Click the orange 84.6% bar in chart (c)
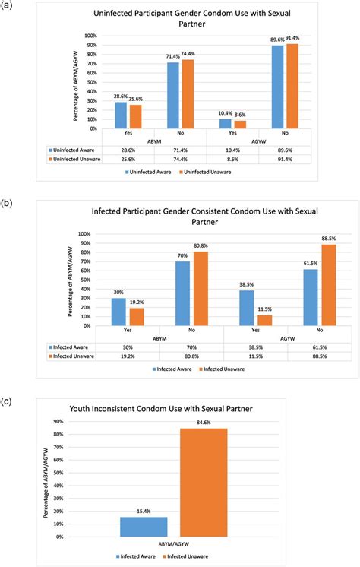point(203,483)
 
